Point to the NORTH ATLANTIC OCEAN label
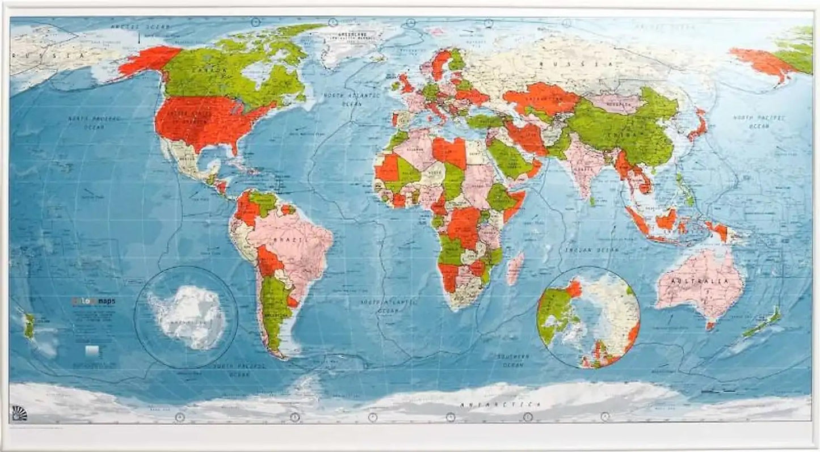coord(343,99)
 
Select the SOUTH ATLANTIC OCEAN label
coord(388,306)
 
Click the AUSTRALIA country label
coord(700,281)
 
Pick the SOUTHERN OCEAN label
coord(514,361)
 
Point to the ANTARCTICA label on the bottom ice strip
coord(499,404)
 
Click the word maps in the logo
coord(104,301)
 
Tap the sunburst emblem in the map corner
coord(18,413)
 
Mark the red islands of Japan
coord(700,126)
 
